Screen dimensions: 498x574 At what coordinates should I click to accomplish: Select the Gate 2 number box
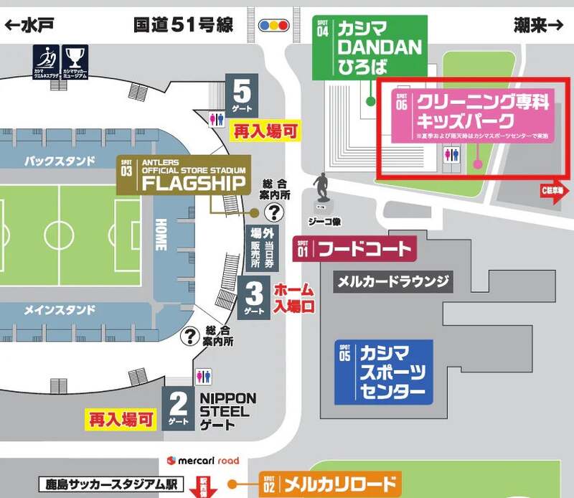point(179,409)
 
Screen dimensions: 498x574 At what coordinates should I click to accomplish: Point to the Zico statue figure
point(320,190)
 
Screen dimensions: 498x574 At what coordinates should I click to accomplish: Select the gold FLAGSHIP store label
point(184,174)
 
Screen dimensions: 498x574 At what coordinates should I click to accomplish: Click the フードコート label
point(354,250)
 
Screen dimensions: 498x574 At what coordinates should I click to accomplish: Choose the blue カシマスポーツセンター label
point(384,371)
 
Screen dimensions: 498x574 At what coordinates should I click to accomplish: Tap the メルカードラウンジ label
point(395,281)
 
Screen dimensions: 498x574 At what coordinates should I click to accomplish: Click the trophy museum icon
point(75,61)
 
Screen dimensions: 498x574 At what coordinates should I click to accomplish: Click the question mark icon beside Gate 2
point(191,335)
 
